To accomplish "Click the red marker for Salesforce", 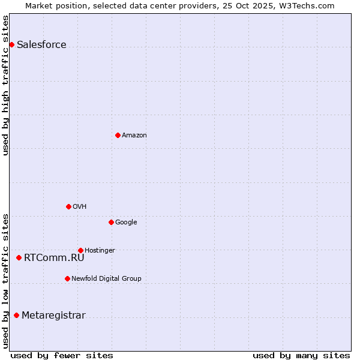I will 11,44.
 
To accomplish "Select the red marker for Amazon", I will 118,135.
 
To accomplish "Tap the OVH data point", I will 68,206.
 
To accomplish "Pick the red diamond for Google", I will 111,222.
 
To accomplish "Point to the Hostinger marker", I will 80,250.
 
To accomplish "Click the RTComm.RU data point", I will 19,257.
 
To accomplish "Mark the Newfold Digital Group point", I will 67,278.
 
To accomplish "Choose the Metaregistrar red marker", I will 16,315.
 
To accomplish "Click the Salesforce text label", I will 41,45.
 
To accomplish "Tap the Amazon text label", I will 134,136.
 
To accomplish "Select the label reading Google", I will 126,223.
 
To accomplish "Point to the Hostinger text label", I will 100,251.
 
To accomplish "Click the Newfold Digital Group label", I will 106,279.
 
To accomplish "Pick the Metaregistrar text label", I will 53,316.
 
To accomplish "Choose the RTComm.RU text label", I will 54,258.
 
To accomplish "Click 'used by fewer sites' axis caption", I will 62,355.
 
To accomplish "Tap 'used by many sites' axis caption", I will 301,355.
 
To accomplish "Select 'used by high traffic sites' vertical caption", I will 5,85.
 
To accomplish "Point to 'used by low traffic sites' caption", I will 5,281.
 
